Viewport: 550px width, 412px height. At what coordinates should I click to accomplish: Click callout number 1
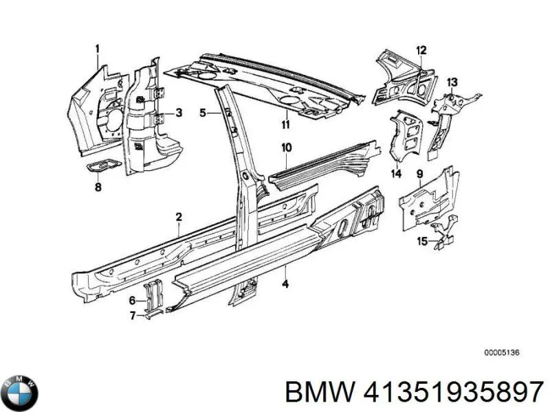pos(98,48)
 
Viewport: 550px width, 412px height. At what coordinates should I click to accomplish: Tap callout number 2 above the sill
pos(179,218)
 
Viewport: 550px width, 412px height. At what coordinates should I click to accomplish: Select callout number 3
pos(179,113)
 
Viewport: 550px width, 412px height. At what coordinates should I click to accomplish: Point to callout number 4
pos(285,284)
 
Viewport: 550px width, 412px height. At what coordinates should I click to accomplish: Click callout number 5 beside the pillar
pos(202,113)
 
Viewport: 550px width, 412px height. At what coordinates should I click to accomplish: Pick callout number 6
pos(132,301)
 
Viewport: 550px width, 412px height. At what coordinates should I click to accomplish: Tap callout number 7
pos(132,315)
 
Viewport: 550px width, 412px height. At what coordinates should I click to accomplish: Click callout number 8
pos(98,187)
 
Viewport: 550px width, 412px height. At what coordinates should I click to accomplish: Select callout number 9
pos(419,174)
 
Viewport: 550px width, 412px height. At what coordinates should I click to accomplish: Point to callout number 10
pos(287,147)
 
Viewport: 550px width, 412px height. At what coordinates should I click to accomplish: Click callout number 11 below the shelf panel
pos(285,124)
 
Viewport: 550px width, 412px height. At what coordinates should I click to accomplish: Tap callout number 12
pos(421,49)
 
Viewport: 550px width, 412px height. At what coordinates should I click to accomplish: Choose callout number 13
pos(452,82)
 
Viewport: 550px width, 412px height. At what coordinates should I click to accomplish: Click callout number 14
pos(397,174)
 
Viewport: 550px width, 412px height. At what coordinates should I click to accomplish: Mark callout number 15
pos(422,240)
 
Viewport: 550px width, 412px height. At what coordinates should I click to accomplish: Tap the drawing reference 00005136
pos(501,352)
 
